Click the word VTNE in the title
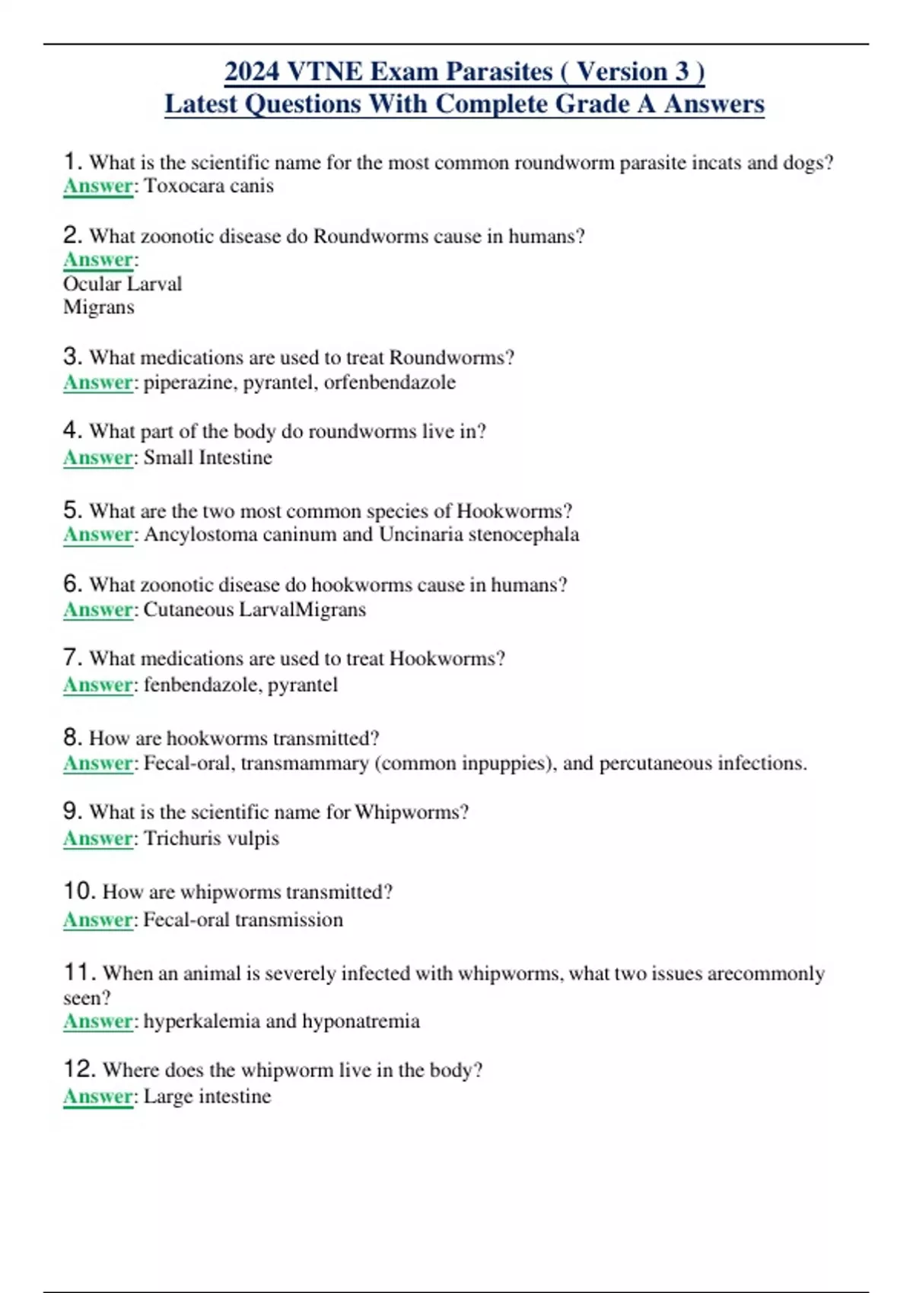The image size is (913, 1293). (325, 71)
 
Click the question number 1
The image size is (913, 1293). (72, 161)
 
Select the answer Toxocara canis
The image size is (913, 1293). (208, 186)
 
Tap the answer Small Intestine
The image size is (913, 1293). (208, 458)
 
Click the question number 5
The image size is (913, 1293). (72, 510)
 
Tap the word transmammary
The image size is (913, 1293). (304, 764)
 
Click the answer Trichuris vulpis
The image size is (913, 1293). (212, 839)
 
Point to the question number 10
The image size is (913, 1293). (79, 891)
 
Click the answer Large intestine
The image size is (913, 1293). (207, 1097)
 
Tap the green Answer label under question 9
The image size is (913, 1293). (98, 839)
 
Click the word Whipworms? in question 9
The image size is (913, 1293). (412, 812)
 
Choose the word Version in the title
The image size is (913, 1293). (622, 71)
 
